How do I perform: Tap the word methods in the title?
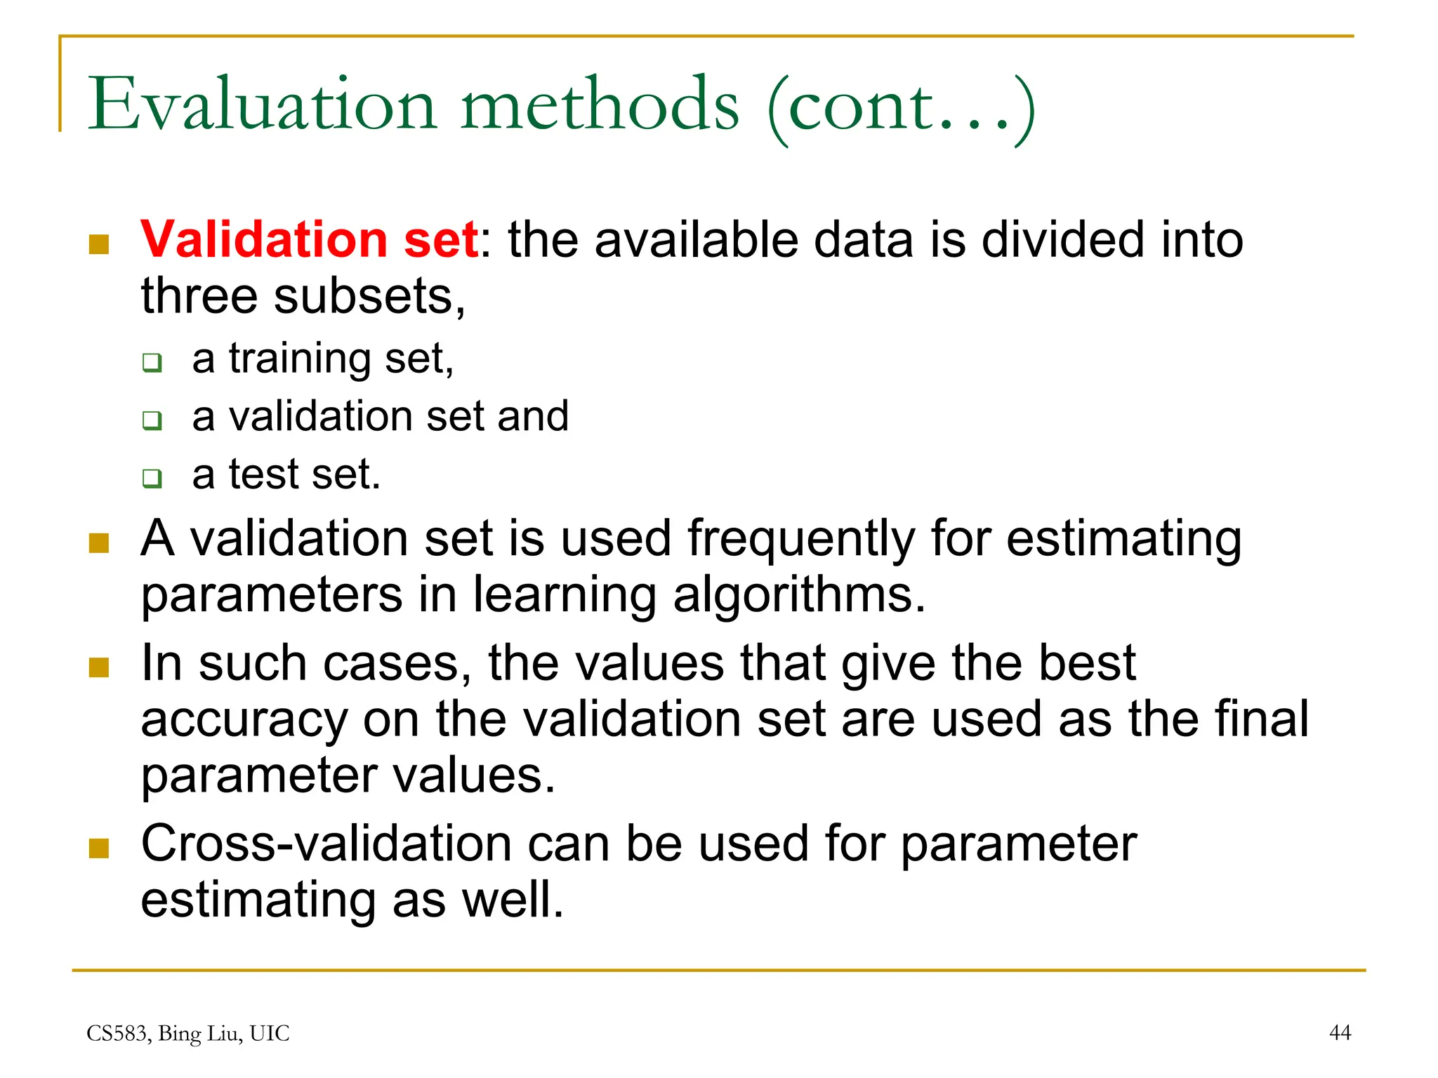(600, 105)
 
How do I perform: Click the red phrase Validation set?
(309, 239)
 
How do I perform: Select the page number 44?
(1340, 1032)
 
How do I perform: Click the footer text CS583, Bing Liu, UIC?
(187, 1033)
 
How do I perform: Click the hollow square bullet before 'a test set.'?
(152, 478)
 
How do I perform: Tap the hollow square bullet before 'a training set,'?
(152, 363)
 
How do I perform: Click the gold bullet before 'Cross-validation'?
(99, 848)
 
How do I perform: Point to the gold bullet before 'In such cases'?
(99, 667)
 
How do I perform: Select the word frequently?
(801, 539)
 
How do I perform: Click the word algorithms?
(799, 595)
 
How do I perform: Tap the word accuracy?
(244, 721)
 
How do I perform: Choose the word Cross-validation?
(326, 844)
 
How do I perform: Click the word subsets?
(369, 296)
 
